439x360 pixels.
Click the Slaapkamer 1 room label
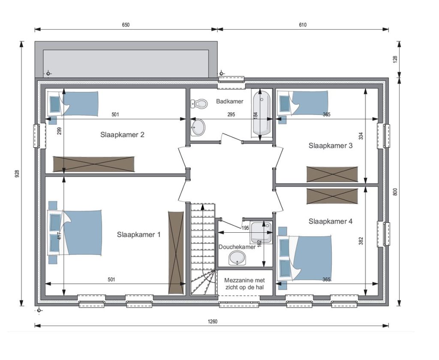[138, 234]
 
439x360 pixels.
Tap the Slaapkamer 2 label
[122, 135]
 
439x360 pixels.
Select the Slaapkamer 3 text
[331, 146]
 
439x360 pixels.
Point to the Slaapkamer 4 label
[331, 222]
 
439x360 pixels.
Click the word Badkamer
[230, 101]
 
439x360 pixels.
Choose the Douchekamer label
[237, 247]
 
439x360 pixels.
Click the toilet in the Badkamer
[199, 104]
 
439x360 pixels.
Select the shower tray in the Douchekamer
[261, 233]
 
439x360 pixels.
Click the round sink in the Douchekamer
[237, 258]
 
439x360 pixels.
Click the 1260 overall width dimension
[213, 321]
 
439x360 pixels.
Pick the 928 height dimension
[17, 174]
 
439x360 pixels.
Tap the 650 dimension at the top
[126, 25]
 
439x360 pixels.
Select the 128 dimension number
[395, 60]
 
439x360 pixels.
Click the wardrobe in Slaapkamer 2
[94, 164]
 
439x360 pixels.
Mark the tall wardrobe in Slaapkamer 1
[176, 252]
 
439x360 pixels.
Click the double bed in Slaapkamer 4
[305, 258]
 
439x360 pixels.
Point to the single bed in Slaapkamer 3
[302, 103]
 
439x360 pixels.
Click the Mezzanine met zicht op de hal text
[244, 284]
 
